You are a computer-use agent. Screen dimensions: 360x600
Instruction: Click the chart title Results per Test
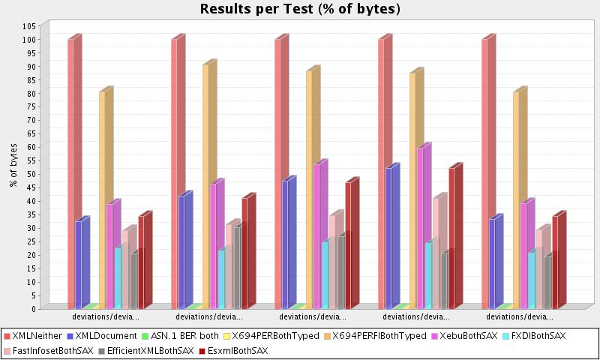(x=300, y=9)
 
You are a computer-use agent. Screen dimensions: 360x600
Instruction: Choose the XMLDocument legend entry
(x=102, y=337)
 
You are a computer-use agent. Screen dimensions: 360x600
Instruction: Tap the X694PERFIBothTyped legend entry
(x=379, y=337)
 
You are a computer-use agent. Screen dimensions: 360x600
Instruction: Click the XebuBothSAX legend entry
(x=468, y=337)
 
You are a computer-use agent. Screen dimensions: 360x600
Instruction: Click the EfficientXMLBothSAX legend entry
(x=149, y=350)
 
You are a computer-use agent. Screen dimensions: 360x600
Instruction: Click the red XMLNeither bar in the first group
(x=72, y=173)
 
